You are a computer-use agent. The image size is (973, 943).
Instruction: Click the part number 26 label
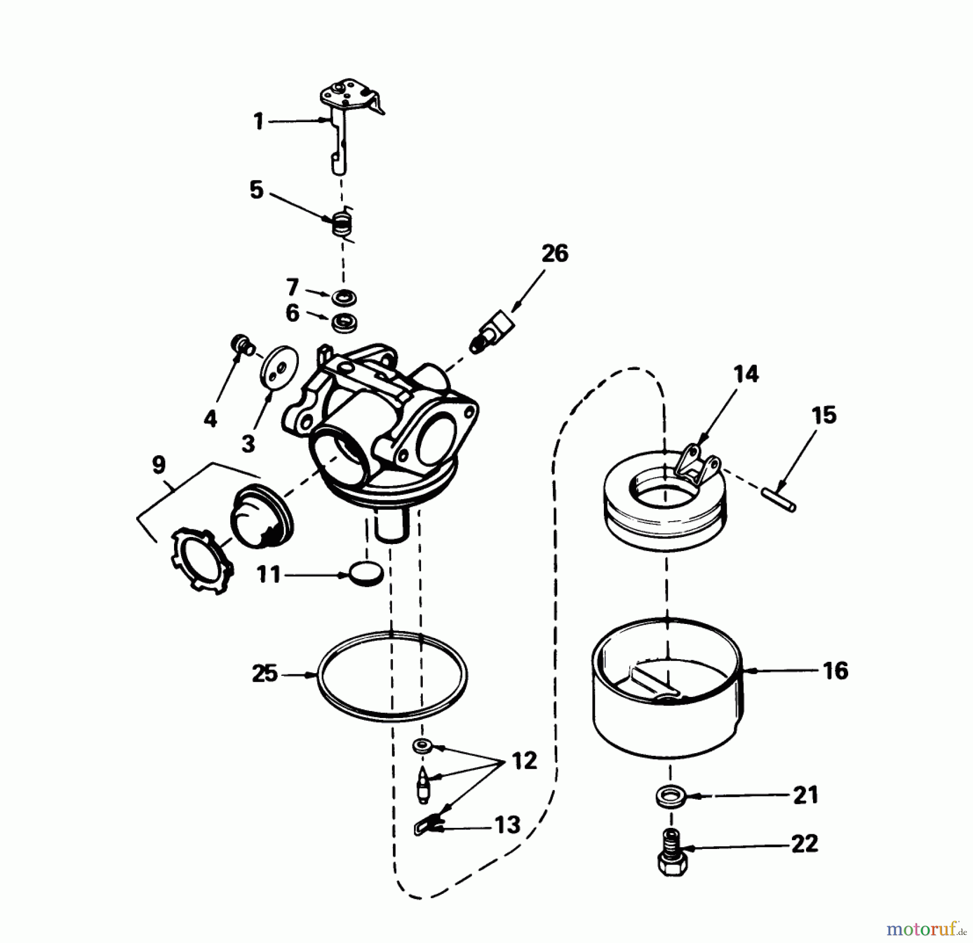pyautogui.click(x=555, y=254)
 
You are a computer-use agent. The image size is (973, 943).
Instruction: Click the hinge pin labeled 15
pyautogui.click(x=778, y=499)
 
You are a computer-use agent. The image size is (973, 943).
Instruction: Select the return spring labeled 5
pyautogui.click(x=341, y=223)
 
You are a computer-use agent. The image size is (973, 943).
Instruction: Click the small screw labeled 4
pyautogui.click(x=241, y=344)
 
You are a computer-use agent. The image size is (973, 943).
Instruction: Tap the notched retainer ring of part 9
pyautogui.click(x=201, y=561)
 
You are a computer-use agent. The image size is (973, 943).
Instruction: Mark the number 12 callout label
pyautogui.click(x=524, y=761)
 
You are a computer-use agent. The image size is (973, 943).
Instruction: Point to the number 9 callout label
pyautogui.click(x=158, y=465)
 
